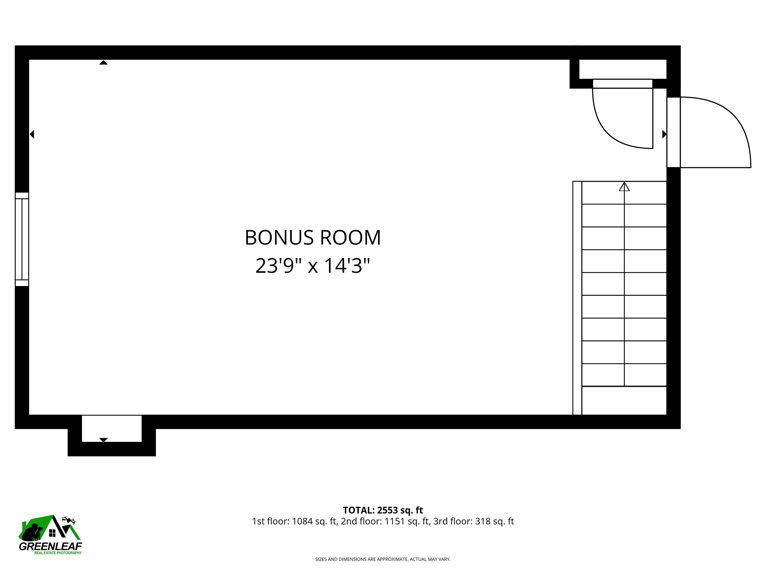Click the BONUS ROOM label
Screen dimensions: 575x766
click(x=313, y=238)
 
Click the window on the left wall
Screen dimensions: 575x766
click(x=22, y=239)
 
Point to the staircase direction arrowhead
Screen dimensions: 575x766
click(x=624, y=187)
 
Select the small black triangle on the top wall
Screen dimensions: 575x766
click(x=103, y=63)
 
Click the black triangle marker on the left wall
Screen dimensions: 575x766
click(x=32, y=134)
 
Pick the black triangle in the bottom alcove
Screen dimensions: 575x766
click(x=103, y=440)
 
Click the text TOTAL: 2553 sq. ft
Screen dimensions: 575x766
click(x=383, y=510)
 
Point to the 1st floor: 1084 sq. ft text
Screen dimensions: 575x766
click(x=294, y=521)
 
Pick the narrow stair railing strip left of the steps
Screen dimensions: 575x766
click(x=577, y=298)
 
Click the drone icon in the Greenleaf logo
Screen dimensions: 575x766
click(x=69, y=520)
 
